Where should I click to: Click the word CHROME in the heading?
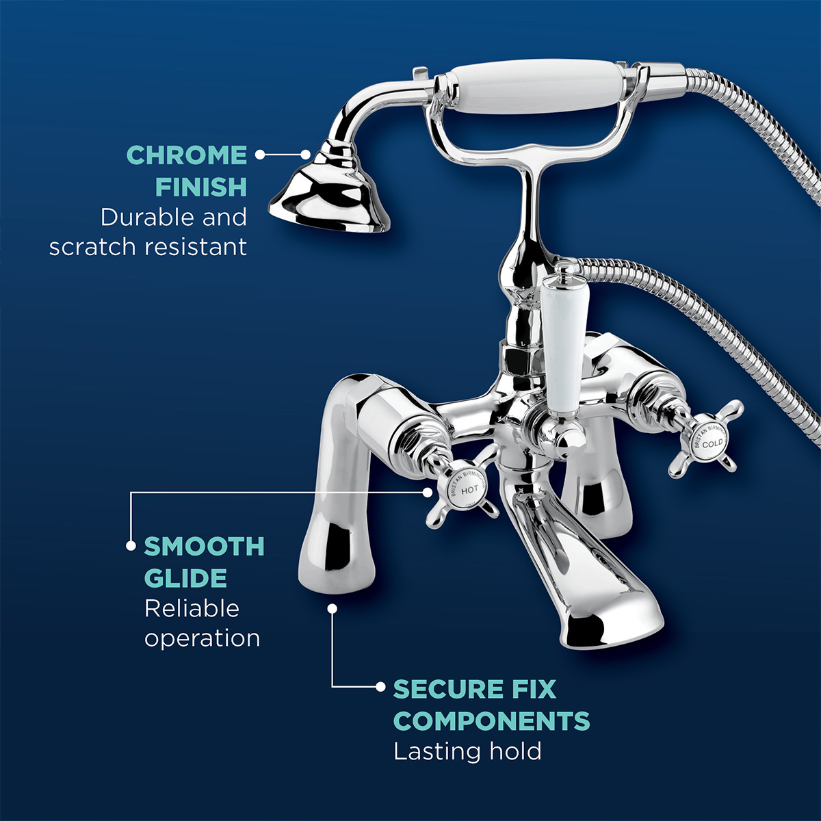[187, 155]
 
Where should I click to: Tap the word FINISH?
[200, 187]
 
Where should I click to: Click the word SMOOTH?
[204, 547]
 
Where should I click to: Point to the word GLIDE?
[185, 578]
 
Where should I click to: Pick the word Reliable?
[192, 608]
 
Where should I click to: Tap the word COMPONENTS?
[491, 721]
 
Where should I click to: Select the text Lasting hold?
[467, 751]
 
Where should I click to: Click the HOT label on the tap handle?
[470, 491]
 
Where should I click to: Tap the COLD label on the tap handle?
[712, 444]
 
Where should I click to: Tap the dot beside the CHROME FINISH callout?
[260, 155]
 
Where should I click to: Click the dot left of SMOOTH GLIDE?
[130, 546]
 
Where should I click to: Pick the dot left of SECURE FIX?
[381, 687]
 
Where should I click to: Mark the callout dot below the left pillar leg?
[332, 608]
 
